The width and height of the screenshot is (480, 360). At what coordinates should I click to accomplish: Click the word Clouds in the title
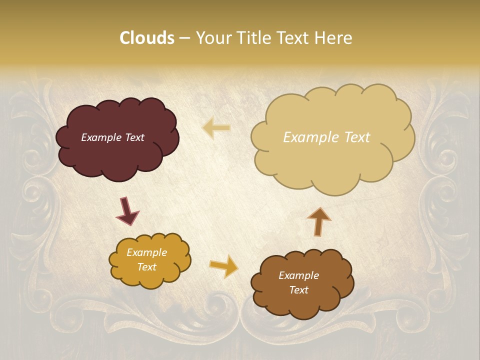tap(147, 38)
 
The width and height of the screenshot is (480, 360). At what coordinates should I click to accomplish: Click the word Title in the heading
tap(252, 38)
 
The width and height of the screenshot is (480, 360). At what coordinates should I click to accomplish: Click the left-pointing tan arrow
tap(216, 128)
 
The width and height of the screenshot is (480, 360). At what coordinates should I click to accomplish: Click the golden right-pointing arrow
tap(224, 266)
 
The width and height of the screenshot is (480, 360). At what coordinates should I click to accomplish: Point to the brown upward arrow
tap(318, 221)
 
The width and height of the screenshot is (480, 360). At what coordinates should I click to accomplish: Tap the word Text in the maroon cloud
tap(134, 137)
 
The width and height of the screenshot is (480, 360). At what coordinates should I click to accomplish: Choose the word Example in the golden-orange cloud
tap(147, 252)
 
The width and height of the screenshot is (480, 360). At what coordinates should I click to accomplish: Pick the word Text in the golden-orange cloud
tap(147, 267)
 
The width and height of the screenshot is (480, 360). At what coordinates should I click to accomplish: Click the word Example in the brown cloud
tap(298, 275)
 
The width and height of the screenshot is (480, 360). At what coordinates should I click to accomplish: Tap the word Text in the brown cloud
tap(298, 290)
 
